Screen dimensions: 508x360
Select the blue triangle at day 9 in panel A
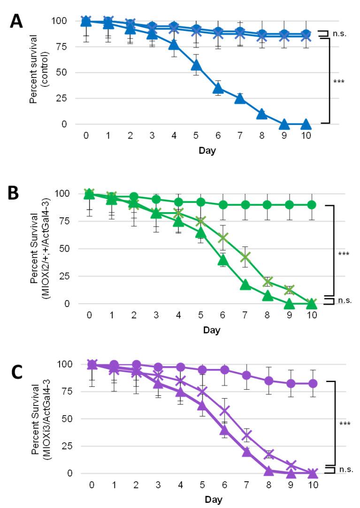[x=283, y=124]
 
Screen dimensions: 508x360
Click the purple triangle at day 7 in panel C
[x=246, y=452]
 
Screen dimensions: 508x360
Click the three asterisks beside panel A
[x=338, y=82]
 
